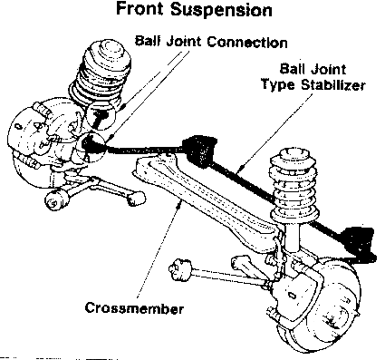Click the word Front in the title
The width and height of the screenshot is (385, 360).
click(140, 8)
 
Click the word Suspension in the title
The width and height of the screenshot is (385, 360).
click(221, 10)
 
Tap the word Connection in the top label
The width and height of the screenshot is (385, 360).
click(247, 42)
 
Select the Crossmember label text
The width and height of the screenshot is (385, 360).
click(134, 308)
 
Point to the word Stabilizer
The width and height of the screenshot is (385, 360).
click(333, 84)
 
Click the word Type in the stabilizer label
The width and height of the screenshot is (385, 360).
click(278, 84)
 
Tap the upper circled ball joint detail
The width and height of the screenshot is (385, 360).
click(101, 115)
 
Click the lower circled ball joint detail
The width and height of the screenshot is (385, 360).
click(91, 145)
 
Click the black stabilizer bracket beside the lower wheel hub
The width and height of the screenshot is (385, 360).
click(359, 243)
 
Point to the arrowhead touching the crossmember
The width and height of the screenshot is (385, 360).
click(180, 205)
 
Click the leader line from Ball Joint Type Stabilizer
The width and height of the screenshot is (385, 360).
click(274, 134)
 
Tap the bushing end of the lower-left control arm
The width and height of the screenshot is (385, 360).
click(55, 199)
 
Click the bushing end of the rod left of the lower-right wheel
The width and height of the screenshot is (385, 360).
click(178, 268)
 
